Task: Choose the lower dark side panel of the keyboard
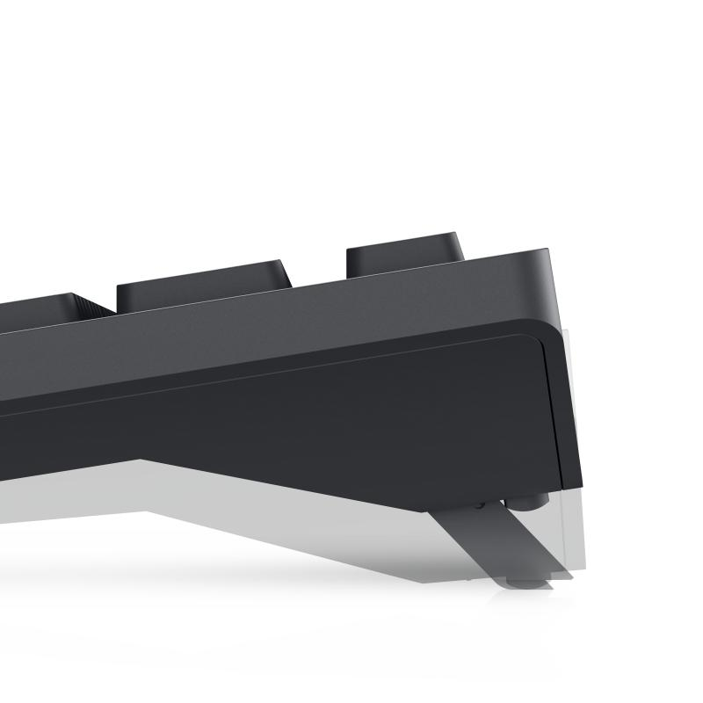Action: [x=351, y=413]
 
